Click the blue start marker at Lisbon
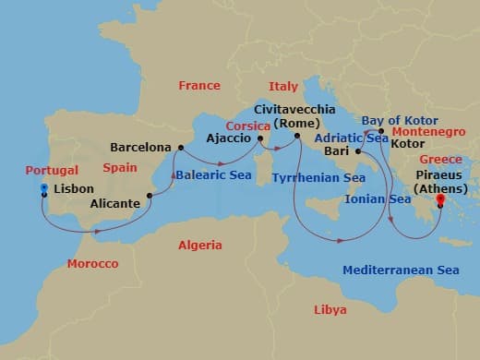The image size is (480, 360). pos(43,188)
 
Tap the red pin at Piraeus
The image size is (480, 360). pos(440,199)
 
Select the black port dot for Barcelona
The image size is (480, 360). pos(180,147)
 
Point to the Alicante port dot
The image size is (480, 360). pos(149,196)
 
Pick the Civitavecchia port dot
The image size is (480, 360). pos(297,138)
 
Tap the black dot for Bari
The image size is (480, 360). pos(356,151)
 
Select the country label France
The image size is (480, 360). pos(199,86)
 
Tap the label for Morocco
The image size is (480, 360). pos(92,264)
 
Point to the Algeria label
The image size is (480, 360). pos(199,246)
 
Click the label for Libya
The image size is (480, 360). pos(330,309)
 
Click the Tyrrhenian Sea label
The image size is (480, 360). pos(319,177)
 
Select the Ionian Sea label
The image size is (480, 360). pos(378,198)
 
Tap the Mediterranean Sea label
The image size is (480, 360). pos(401,270)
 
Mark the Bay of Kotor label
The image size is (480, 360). pos(398,120)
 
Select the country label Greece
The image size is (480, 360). pos(440,159)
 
